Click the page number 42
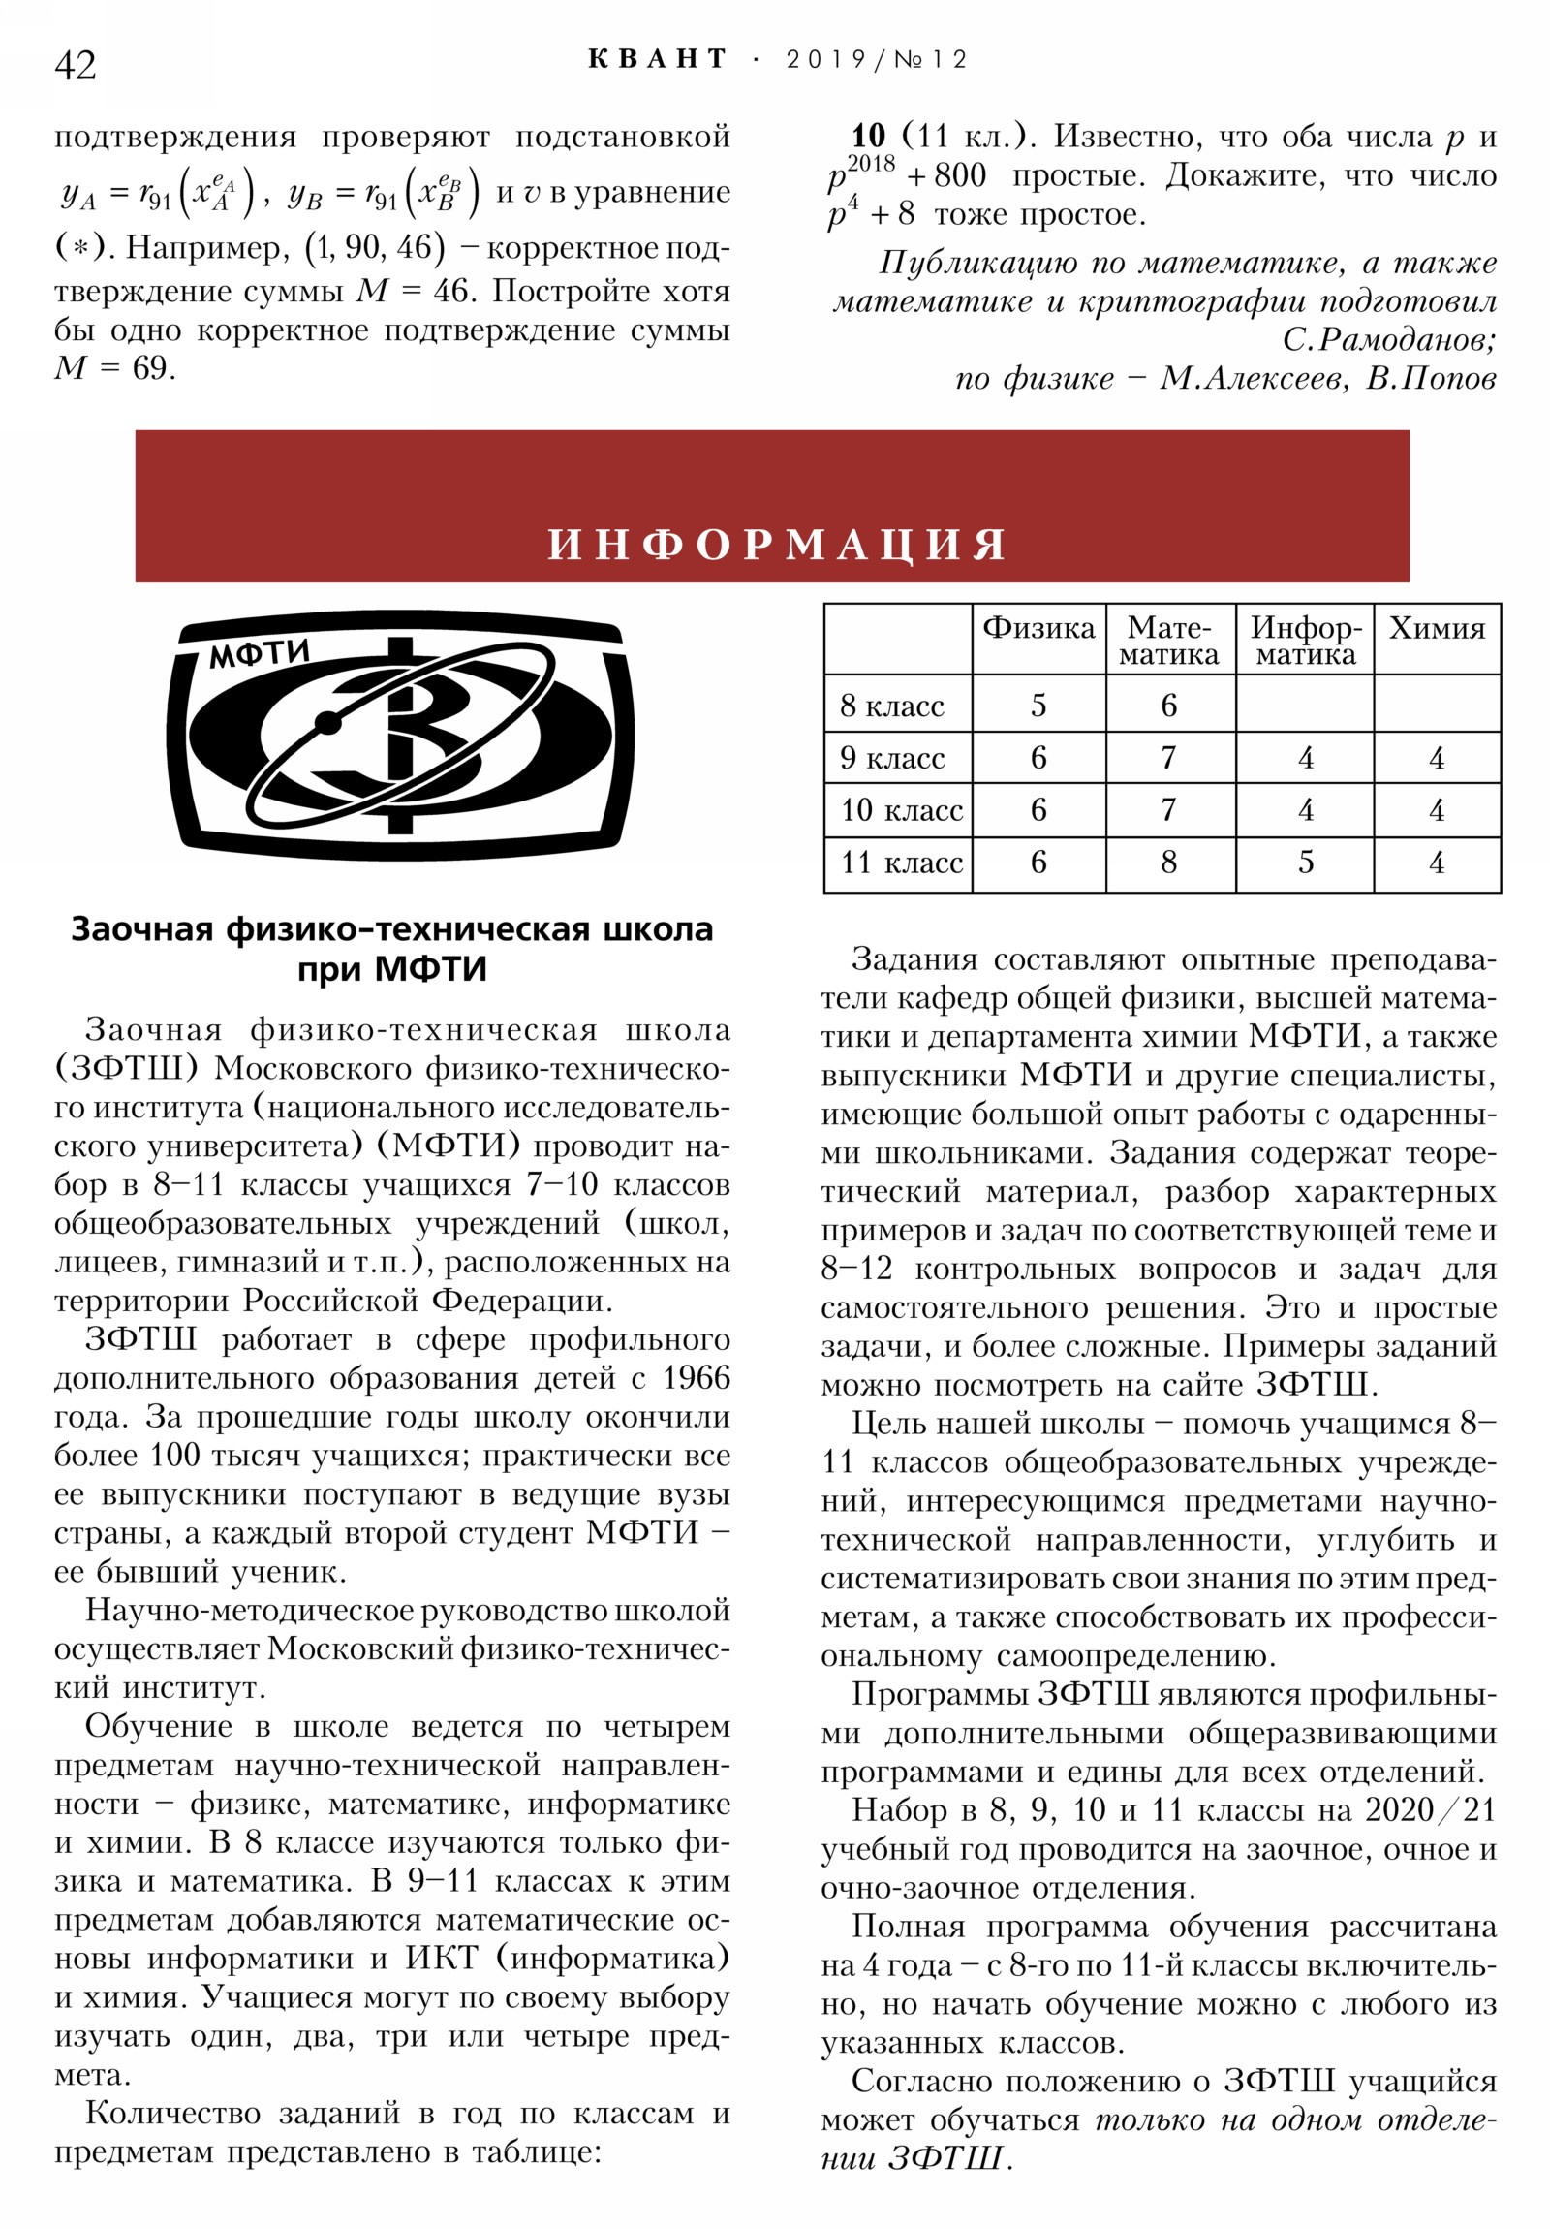(x=75, y=65)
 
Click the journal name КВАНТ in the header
(x=657, y=59)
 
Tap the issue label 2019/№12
(x=877, y=59)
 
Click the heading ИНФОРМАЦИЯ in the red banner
(x=777, y=545)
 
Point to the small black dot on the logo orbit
(x=329, y=722)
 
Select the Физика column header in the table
(x=1038, y=628)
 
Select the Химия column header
(x=1436, y=628)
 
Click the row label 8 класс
(x=891, y=706)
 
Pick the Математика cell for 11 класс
(x=1168, y=863)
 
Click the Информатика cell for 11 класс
(x=1306, y=863)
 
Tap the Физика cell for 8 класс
(x=1038, y=706)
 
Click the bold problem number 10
(x=869, y=136)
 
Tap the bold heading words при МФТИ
(x=391, y=969)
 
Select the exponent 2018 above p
(x=871, y=163)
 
